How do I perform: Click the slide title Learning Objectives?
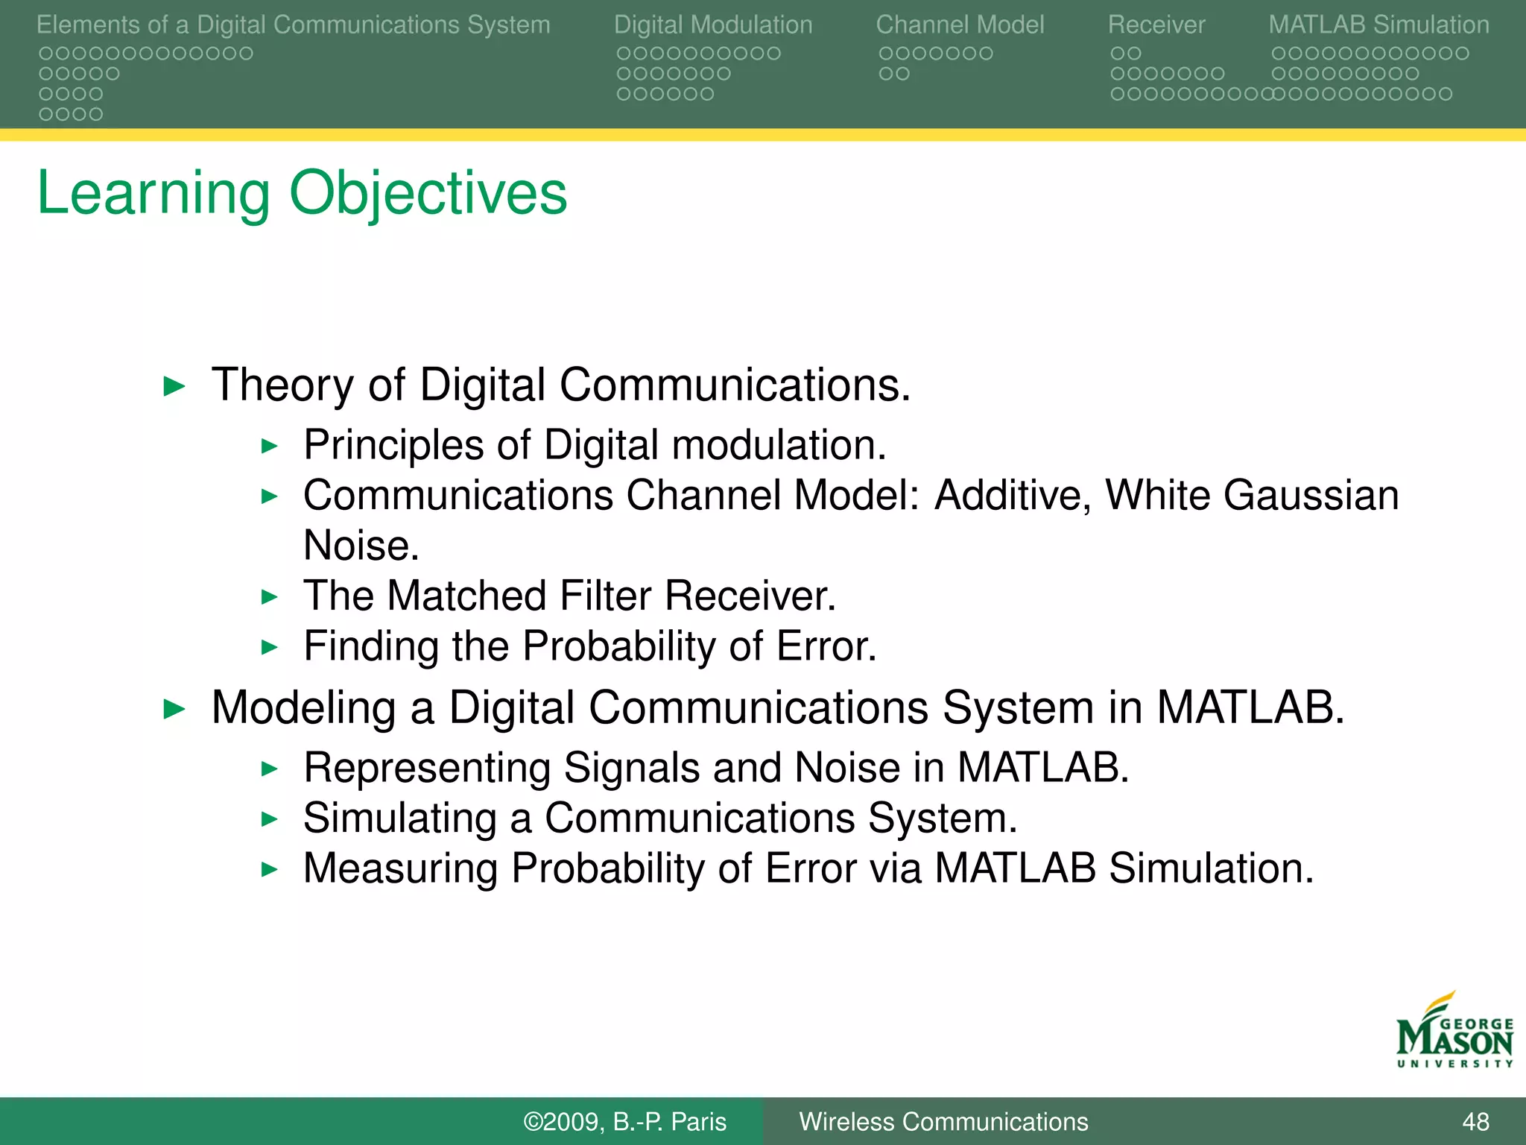pos(302,193)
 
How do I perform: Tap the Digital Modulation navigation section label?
pos(712,25)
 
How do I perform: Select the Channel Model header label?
pos(959,25)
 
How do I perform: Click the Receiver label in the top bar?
pos(1156,25)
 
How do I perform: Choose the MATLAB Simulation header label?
pos(1378,25)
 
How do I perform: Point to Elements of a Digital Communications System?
pos(293,25)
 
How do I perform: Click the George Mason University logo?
pos(1454,1032)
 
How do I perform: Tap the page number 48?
pos(1475,1121)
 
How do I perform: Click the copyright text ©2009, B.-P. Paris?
pos(624,1121)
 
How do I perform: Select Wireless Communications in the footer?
pos(943,1121)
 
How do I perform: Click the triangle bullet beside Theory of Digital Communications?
pos(174,386)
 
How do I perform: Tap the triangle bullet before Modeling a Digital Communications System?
pos(174,708)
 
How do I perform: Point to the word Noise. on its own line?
pos(361,546)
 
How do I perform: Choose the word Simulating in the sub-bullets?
pos(400,818)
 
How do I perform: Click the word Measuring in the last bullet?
pos(400,869)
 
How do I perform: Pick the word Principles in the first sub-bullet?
pos(393,446)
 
